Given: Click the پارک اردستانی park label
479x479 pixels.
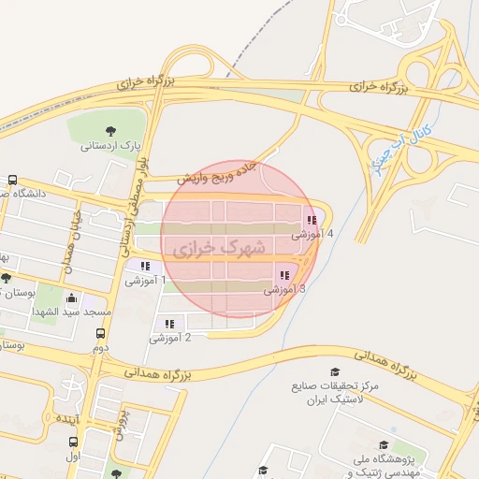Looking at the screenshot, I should (109, 146).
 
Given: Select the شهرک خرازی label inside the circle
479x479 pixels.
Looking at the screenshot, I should (218, 249).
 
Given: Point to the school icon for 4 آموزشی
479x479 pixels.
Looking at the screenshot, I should (311, 221).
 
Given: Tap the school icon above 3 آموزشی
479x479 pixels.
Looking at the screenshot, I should (283, 276).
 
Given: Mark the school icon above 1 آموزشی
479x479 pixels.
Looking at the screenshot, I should (143, 267).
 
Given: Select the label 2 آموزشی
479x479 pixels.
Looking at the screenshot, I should (170, 338).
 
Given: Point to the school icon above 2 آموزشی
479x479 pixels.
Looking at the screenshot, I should (168, 325).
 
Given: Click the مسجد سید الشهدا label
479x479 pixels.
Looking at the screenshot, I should (73, 311).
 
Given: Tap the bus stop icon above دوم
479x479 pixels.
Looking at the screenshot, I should (100, 332).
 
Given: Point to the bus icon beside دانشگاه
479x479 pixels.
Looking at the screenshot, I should (13, 181).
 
